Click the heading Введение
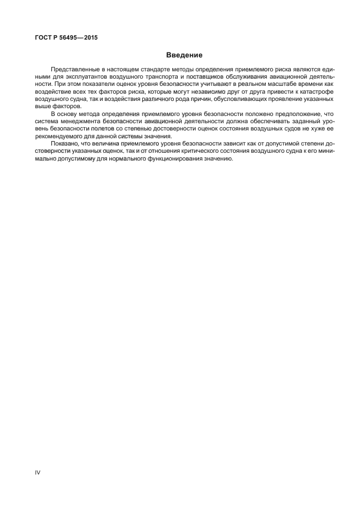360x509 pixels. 184,55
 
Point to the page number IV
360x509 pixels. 38,472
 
